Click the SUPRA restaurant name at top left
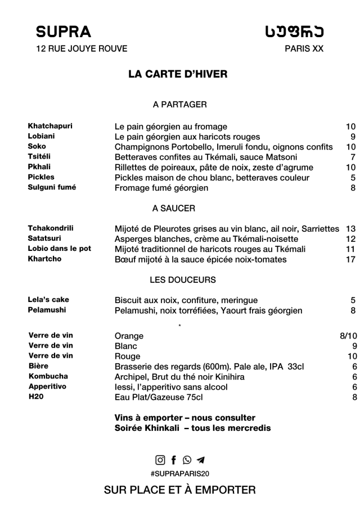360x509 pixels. (x=63, y=31)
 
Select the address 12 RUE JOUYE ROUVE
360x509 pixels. (x=82, y=49)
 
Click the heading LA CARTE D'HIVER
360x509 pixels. (x=178, y=74)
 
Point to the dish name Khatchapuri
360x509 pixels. (x=50, y=126)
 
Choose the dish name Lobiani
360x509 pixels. (x=42, y=136)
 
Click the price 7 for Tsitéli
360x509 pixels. (x=353, y=157)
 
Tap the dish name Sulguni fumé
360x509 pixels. (x=52, y=187)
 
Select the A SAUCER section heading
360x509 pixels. (x=174, y=208)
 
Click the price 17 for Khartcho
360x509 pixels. (x=351, y=259)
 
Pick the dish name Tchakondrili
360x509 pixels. (x=51, y=228)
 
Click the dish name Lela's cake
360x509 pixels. (x=48, y=300)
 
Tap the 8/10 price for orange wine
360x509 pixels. (x=348, y=336)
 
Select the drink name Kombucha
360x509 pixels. (x=48, y=376)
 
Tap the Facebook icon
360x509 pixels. (x=174, y=460)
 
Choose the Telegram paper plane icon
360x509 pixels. (x=200, y=460)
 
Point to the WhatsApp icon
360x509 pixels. (x=187, y=460)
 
